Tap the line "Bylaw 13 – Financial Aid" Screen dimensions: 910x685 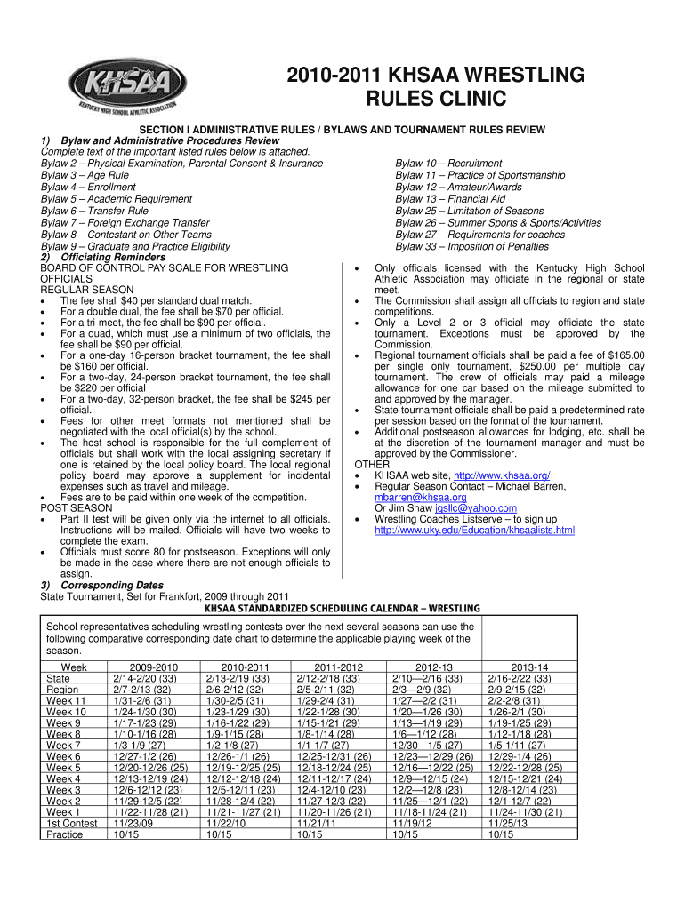click(x=450, y=200)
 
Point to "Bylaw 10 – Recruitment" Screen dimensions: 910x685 click(x=448, y=164)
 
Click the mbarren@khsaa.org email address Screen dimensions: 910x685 click(x=420, y=498)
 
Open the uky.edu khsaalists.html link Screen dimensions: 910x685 click(x=474, y=531)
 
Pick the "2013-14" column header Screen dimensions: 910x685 click(x=530, y=667)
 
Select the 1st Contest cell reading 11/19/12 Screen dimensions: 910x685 click(x=410, y=823)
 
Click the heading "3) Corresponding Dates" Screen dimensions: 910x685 click(x=102, y=586)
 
